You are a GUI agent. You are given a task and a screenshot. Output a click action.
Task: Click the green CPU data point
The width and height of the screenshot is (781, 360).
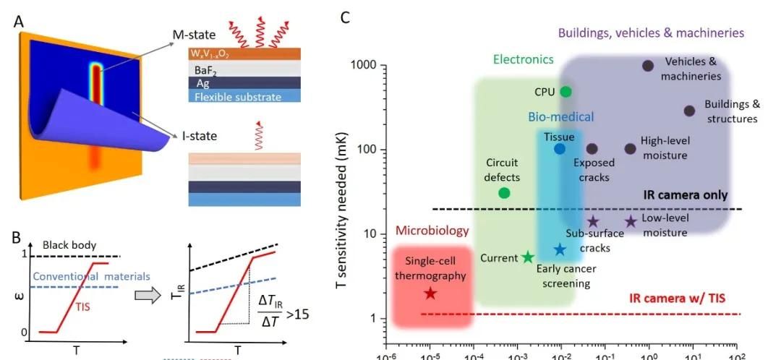[566, 92]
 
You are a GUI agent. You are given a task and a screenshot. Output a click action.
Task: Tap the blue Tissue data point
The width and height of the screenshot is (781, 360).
[560, 149]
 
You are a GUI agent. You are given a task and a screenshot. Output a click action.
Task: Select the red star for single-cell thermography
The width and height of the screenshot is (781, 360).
[430, 293]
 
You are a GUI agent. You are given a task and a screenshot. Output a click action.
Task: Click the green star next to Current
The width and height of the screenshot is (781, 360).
[528, 257]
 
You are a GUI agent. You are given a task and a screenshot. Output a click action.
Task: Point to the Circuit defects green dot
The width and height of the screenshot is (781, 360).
[504, 193]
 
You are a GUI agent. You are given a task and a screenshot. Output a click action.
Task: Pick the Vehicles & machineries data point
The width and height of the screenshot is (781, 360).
[648, 66]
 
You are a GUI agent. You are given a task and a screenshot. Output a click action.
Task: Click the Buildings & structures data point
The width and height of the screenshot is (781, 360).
[689, 111]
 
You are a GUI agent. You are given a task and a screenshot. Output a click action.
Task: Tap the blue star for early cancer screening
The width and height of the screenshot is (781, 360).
[560, 250]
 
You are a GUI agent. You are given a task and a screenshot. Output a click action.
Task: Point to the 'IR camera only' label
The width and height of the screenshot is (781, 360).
[685, 195]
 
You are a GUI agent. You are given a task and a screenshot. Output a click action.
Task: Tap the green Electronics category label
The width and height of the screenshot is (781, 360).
[523, 59]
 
